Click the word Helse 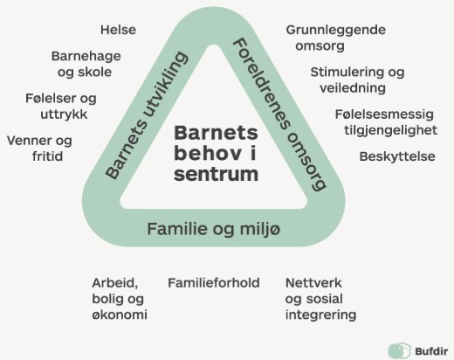(118, 30)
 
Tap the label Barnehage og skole (86, 64)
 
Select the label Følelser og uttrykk (61, 106)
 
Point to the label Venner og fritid (39, 149)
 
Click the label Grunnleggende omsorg (336, 38)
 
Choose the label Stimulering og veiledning (357, 80)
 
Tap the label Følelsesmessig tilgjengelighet (386, 122)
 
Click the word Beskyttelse (397, 156)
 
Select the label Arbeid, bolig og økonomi (120, 299)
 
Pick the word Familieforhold (214, 283)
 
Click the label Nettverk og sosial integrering (320, 299)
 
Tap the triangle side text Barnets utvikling (146, 115)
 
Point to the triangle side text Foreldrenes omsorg (280, 114)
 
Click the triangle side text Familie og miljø (214, 229)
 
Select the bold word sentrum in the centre (216, 174)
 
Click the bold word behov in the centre (208, 153)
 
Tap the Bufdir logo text (431, 351)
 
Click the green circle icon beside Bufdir (400, 350)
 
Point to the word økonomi (120, 315)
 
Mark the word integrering (320, 315)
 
